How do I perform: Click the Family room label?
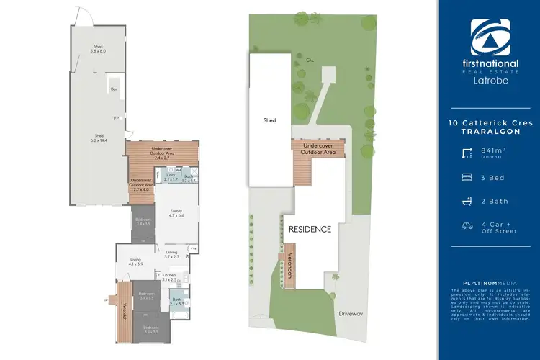176,212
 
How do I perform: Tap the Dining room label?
171,254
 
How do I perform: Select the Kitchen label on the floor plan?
170,275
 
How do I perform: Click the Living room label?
135,261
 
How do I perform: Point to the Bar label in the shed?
114,89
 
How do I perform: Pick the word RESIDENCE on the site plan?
310,230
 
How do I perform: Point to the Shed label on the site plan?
270,121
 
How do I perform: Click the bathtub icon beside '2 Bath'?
467,201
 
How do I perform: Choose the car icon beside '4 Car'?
467,225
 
